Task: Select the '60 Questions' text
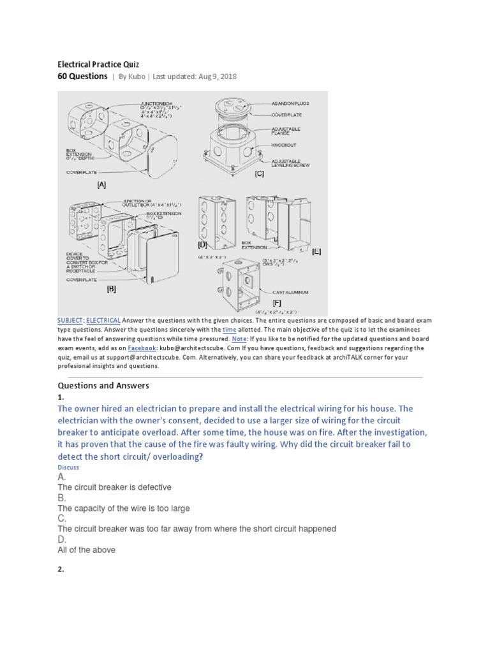[82, 77]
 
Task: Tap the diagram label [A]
[101, 185]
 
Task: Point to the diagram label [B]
[112, 288]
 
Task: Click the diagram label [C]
[259, 173]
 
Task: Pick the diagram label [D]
[202, 244]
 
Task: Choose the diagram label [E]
[316, 251]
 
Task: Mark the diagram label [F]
[276, 302]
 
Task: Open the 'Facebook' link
[142, 349]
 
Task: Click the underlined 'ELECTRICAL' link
[103, 320]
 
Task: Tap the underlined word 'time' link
[230, 330]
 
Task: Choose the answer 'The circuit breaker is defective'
[114, 487]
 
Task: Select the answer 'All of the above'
[86, 550]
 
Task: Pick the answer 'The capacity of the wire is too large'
[124, 508]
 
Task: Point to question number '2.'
[61, 569]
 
